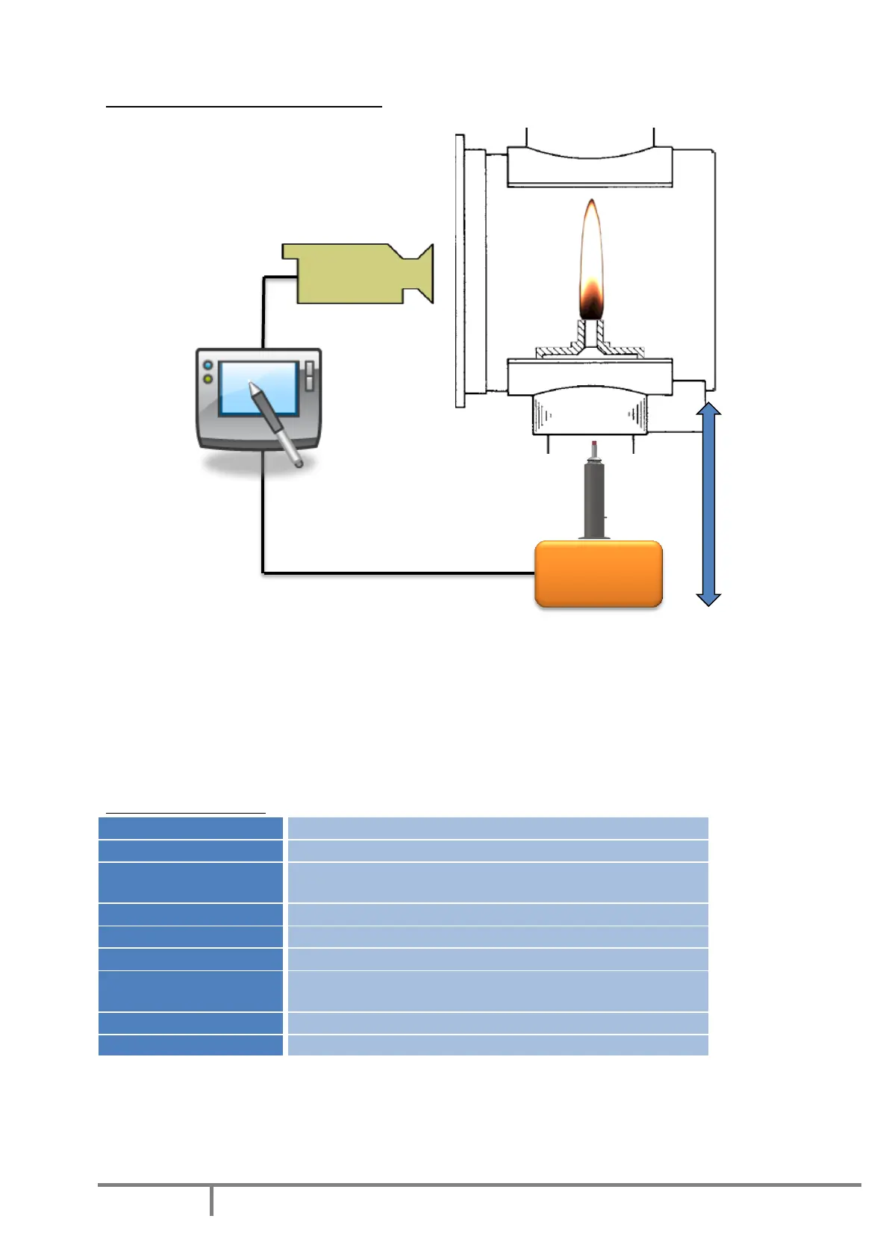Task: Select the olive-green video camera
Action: pos(351,273)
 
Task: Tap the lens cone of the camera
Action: pos(421,273)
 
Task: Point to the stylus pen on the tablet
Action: pos(276,424)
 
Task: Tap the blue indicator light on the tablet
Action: pos(208,366)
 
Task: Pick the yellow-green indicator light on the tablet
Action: pos(208,379)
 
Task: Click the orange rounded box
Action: pos(599,573)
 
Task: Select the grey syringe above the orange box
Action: pos(594,496)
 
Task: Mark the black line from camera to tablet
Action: pos(263,314)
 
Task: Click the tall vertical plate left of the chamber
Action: pos(460,271)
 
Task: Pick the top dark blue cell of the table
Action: pos(190,828)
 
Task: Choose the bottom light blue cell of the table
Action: pos(497,1045)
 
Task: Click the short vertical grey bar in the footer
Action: pos(212,1200)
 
